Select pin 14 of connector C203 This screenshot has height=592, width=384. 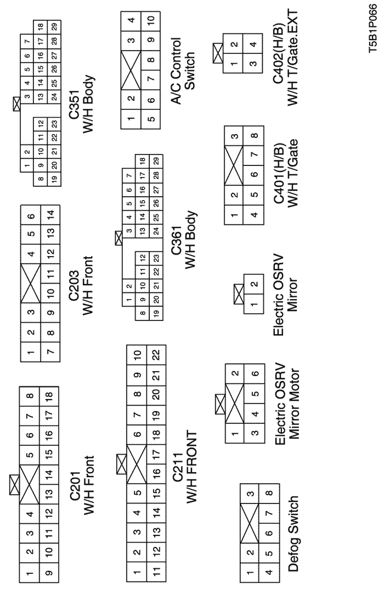(x=50, y=214)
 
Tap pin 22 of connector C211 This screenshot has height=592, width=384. (x=156, y=355)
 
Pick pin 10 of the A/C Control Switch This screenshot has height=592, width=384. (x=151, y=19)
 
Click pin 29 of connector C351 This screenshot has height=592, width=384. (x=54, y=27)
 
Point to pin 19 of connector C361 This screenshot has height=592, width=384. (x=156, y=313)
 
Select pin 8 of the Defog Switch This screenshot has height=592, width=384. (x=268, y=493)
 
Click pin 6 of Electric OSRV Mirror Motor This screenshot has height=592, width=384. (x=255, y=373)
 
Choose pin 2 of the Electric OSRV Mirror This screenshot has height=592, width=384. (x=254, y=284)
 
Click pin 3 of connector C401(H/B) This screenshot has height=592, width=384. (x=234, y=136)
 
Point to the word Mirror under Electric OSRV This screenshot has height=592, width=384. (x=293, y=295)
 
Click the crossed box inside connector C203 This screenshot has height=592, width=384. (x=31, y=281)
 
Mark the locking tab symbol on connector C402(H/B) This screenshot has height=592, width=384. (x=217, y=53)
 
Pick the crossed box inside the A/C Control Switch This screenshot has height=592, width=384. (x=131, y=71)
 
